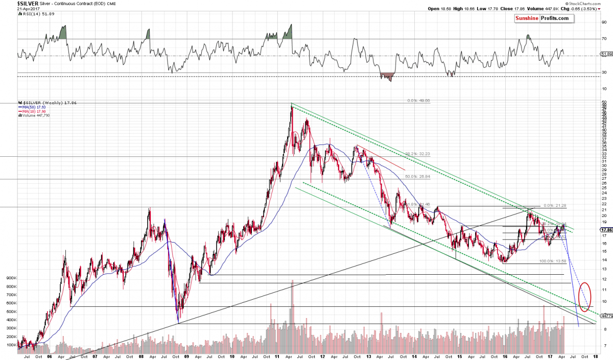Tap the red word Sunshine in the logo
click(x=529, y=18)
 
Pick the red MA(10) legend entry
click(x=31, y=110)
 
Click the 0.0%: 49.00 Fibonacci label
click(x=418, y=101)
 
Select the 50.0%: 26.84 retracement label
click(x=418, y=177)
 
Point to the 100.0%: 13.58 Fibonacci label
click(x=553, y=261)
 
